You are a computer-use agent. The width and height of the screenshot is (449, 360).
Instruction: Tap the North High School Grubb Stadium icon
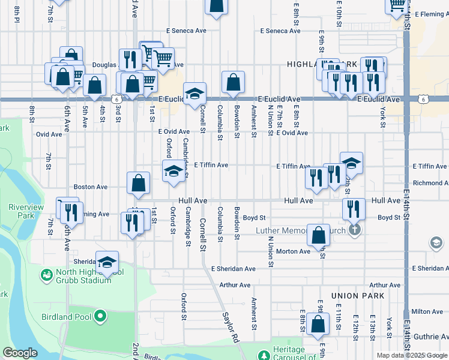click(x=46, y=275)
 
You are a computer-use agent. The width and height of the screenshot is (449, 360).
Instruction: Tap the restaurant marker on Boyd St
click(x=354, y=209)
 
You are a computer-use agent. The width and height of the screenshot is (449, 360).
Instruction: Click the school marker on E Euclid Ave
click(x=194, y=94)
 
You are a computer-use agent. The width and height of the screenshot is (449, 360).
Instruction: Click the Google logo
click(x=20, y=353)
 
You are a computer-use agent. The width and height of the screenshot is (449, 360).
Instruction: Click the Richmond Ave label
click(x=430, y=183)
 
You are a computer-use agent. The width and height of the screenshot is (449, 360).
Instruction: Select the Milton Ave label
click(x=427, y=311)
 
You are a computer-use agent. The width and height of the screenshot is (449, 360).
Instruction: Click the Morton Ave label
click(x=294, y=251)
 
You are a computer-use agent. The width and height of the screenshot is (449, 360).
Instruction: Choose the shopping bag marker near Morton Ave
click(x=318, y=235)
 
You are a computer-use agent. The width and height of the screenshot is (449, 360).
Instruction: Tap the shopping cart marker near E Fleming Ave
click(x=396, y=5)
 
